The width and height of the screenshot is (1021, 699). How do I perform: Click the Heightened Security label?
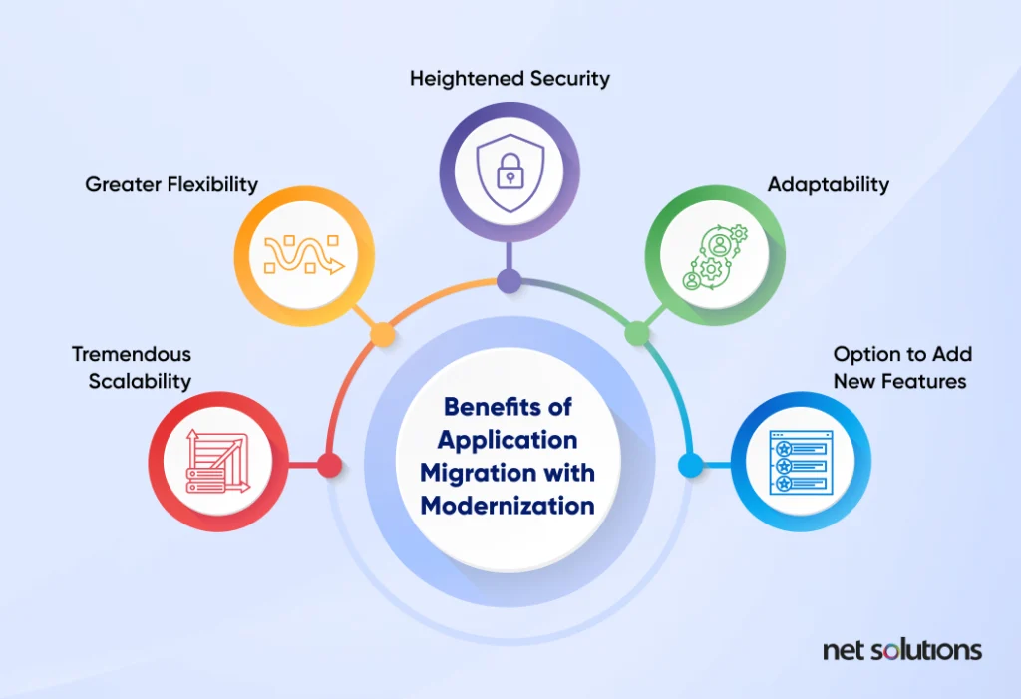coord(510,78)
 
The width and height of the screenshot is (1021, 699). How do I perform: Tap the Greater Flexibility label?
coord(171,184)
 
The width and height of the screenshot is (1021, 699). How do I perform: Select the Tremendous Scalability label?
coord(132,367)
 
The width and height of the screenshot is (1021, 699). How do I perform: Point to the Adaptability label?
coord(828,184)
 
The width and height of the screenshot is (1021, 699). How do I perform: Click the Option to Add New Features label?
coord(902,367)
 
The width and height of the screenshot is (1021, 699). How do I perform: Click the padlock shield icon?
coord(510,163)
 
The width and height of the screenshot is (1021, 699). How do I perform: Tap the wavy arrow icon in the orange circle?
coord(304,255)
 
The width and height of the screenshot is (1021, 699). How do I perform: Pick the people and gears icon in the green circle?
coord(715,255)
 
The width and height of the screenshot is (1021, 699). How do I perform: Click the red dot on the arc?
coord(329,465)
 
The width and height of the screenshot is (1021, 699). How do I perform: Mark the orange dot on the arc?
coord(381,334)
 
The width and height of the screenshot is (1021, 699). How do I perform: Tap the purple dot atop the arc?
coord(510,281)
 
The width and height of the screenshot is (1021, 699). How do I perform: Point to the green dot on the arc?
coord(636,334)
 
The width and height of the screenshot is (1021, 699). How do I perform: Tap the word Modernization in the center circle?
coord(508,505)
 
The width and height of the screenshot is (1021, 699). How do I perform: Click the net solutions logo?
coord(901,650)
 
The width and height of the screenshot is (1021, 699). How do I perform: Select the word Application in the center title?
coord(508,440)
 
